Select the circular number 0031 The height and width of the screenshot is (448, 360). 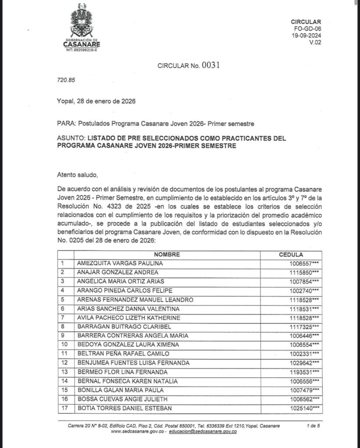210,65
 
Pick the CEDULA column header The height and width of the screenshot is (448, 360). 291,255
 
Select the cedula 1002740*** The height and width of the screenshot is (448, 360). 303,290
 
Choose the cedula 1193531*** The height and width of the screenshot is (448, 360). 303,372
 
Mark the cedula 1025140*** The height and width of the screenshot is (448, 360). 303,408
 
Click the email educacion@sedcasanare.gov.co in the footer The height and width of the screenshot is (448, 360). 202,432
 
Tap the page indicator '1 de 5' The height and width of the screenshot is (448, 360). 314,426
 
